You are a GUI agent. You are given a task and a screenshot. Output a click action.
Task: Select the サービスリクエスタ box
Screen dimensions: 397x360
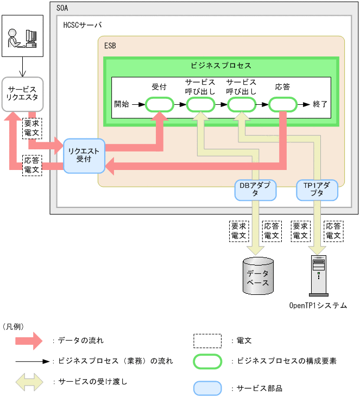22,94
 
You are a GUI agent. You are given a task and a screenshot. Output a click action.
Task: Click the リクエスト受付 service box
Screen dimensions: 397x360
84,155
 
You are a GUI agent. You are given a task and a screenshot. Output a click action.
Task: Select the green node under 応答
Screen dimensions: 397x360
282,104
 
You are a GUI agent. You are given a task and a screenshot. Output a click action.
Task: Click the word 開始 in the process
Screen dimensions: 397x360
122,104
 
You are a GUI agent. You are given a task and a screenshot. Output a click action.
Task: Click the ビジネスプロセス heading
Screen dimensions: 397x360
221,65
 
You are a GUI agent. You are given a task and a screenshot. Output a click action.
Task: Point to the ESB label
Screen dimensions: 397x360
110,46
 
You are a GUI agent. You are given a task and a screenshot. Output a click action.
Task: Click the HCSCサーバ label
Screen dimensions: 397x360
82,25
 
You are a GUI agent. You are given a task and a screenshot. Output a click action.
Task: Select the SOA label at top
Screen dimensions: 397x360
63,8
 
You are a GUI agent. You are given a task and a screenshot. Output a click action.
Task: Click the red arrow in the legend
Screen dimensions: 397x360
29,341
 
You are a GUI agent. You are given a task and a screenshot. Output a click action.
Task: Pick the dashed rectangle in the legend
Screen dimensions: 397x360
207,341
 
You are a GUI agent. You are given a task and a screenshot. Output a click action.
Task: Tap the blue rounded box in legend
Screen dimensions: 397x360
207,388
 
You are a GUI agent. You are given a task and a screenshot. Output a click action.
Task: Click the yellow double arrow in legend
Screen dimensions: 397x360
29,382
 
